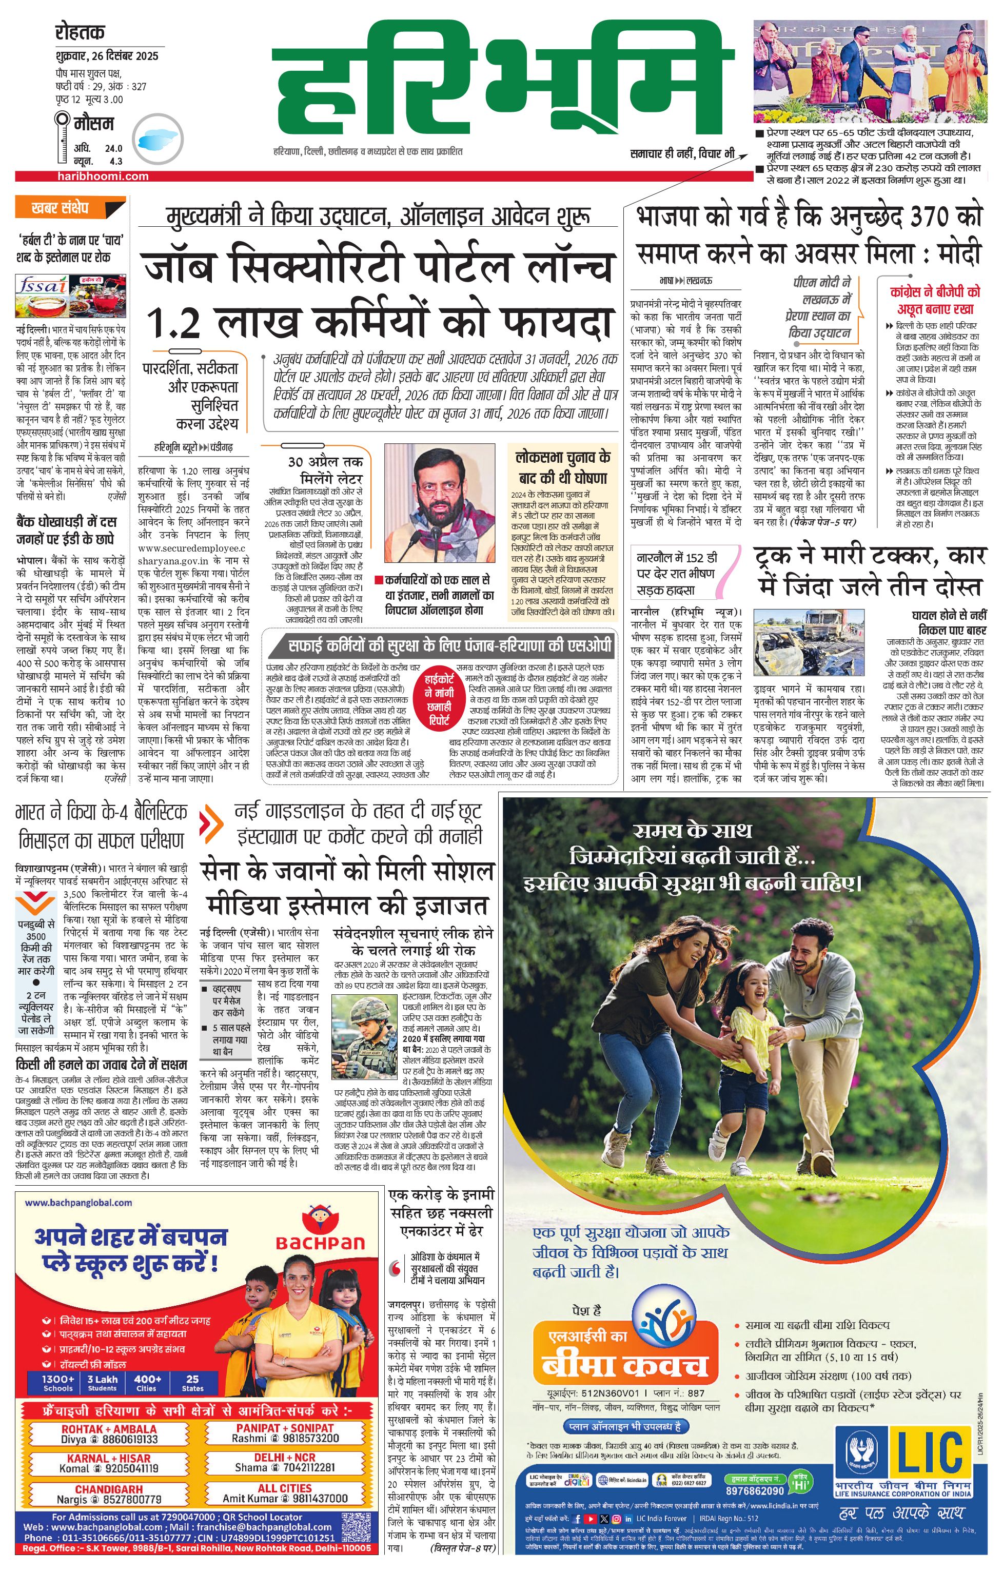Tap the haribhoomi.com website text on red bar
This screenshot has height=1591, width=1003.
(103, 176)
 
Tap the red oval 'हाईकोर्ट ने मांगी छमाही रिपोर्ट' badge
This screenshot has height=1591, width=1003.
(439, 699)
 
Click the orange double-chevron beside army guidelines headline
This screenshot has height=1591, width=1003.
(213, 822)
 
